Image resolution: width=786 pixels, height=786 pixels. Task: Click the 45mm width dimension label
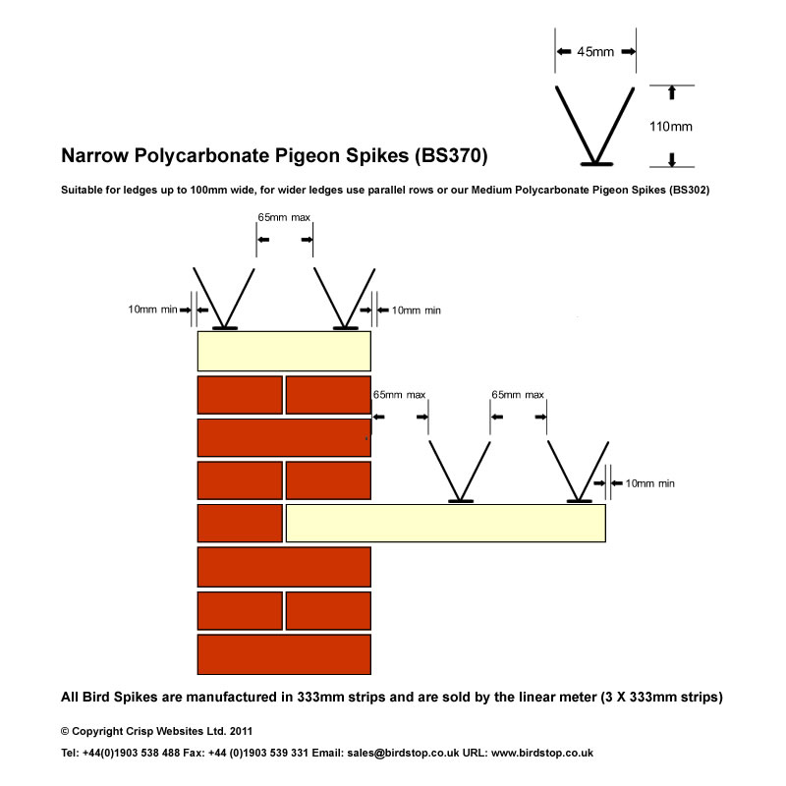pyautogui.click(x=595, y=52)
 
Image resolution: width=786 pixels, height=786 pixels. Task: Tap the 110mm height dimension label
pyautogui.click(x=671, y=127)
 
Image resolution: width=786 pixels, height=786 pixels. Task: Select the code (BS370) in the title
pyautogui.click(x=451, y=155)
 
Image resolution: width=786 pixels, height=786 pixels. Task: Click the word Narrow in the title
pyautogui.click(x=94, y=155)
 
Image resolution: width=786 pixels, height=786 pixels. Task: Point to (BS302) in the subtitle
pyautogui.click(x=690, y=190)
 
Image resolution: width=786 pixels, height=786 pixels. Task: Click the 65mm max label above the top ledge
pyautogui.click(x=284, y=217)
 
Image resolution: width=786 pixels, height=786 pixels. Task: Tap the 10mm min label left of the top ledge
pyautogui.click(x=153, y=309)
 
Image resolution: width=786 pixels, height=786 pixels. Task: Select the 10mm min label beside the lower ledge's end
pyautogui.click(x=650, y=483)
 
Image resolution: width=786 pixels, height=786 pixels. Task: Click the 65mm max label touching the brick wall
pyautogui.click(x=400, y=395)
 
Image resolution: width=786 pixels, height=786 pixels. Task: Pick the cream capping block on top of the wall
pyautogui.click(x=284, y=351)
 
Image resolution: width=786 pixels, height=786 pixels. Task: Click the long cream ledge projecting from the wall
pyautogui.click(x=446, y=524)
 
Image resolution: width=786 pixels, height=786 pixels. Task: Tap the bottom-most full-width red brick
pyautogui.click(x=284, y=654)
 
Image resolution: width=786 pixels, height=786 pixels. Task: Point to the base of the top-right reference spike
pyautogui.click(x=596, y=164)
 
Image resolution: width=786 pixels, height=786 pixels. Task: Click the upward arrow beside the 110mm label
pyautogui.click(x=672, y=92)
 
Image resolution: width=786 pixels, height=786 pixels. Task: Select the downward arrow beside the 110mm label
pyautogui.click(x=672, y=160)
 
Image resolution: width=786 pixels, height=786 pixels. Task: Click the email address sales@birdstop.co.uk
pyautogui.click(x=403, y=753)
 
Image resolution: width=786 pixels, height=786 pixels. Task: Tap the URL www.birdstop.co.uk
pyautogui.click(x=542, y=753)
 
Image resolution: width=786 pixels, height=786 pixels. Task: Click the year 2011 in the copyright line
pyautogui.click(x=241, y=731)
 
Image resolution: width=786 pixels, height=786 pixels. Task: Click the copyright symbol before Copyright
pyautogui.click(x=65, y=731)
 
